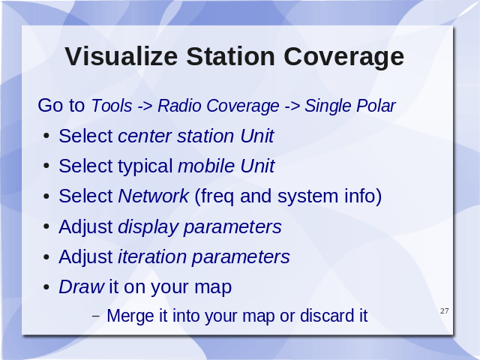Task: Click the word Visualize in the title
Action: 121,56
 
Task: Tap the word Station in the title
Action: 230,56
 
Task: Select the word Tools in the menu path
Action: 112,106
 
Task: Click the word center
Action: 145,136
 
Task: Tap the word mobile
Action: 207,166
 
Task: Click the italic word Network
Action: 153,196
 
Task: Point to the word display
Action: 148,227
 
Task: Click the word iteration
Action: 152,256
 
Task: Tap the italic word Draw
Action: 82,286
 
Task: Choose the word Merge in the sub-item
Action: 130,316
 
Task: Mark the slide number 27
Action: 445,311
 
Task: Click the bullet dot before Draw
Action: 46,287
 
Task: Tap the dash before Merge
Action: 96,316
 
